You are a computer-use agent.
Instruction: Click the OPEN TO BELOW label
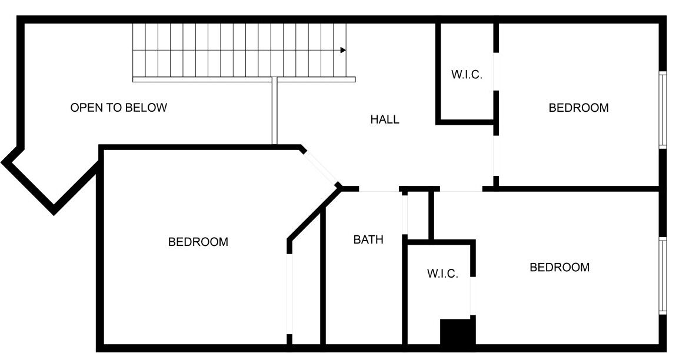point(119,108)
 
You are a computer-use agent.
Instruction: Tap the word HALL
point(385,119)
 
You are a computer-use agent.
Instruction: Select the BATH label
point(368,240)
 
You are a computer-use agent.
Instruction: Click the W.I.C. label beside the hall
point(467,75)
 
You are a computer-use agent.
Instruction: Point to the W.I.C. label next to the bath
point(442,274)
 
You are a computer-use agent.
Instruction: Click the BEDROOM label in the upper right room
point(578,108)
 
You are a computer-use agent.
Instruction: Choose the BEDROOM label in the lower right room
point(560,267)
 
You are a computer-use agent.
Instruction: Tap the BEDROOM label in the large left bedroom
point(198,242)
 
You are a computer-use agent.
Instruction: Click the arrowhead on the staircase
point(343,51)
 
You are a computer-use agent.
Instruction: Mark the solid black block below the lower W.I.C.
point(457,332)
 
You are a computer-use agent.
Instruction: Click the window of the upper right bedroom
point(662,110)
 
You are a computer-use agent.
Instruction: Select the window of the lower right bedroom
point(662,275)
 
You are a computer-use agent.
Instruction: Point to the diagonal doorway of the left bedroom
point(320,169)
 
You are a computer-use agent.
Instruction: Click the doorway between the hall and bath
point(379,189)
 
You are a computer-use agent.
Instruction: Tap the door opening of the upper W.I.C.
point(496,72)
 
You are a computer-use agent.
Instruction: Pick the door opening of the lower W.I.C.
point(472,296)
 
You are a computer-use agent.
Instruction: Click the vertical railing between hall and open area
point(274,113)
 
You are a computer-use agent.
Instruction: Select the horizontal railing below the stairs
point(244,79)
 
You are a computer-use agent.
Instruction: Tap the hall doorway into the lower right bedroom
point(461,189)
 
